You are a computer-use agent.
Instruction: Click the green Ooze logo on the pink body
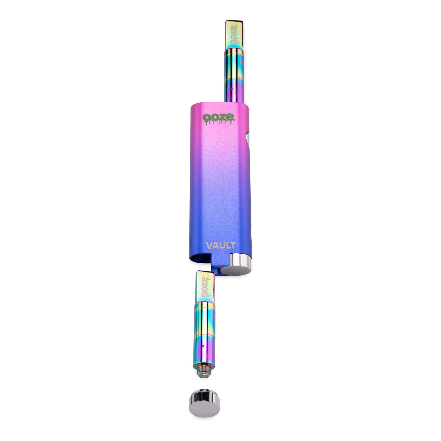tap(218, 118)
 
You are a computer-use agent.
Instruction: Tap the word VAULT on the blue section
tap(221, 246)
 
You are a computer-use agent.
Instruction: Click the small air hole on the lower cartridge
tap(203, 346)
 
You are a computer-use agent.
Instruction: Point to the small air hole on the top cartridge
tap(232, 89)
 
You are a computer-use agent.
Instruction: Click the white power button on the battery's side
tap(248, 139)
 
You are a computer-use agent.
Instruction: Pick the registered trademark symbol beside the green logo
tap(233, 120)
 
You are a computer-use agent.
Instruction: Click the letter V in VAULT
tap(209, 246)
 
